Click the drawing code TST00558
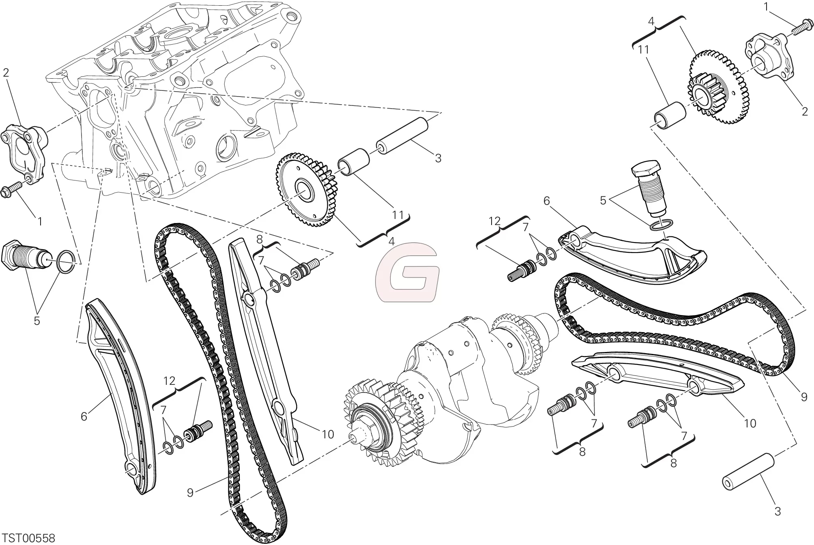pos(28,538)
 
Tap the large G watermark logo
pos(407,272)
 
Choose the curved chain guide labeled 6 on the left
pos(120,395)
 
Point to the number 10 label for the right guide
pos(750,424)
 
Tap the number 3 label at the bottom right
pos(777,512)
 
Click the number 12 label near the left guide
pos(170,381)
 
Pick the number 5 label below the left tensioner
pos(37,321)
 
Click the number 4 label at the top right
pos(651,22)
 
